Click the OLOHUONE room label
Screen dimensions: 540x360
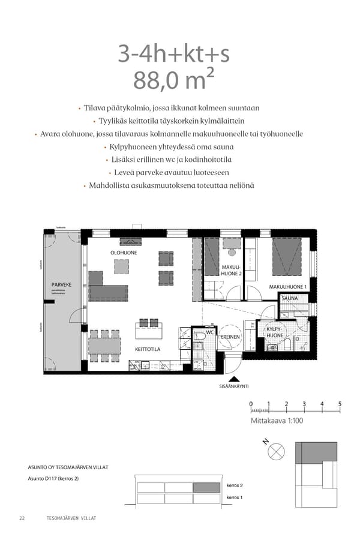click(123, 253)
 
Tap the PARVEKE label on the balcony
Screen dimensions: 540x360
click(61, 284)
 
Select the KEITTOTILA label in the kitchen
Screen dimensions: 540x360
click(147, 347)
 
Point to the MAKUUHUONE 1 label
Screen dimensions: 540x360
click(287, 287)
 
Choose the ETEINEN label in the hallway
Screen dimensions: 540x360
click(231, 337)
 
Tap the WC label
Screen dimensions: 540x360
click(210, 332)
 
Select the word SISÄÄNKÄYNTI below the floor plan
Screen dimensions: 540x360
click(234, 387)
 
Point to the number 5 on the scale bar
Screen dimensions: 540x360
click(340, 404)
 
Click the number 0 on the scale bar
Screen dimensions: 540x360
click(251, 404)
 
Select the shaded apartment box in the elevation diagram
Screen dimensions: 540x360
click(207, 487)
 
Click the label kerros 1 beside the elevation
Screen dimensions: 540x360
click(234, 498)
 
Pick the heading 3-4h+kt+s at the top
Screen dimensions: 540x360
click(173, 55)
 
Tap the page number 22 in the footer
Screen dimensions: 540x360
click(22, 518)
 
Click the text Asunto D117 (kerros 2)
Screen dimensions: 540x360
click(53, 478)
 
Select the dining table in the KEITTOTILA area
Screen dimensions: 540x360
click(104, 346)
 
